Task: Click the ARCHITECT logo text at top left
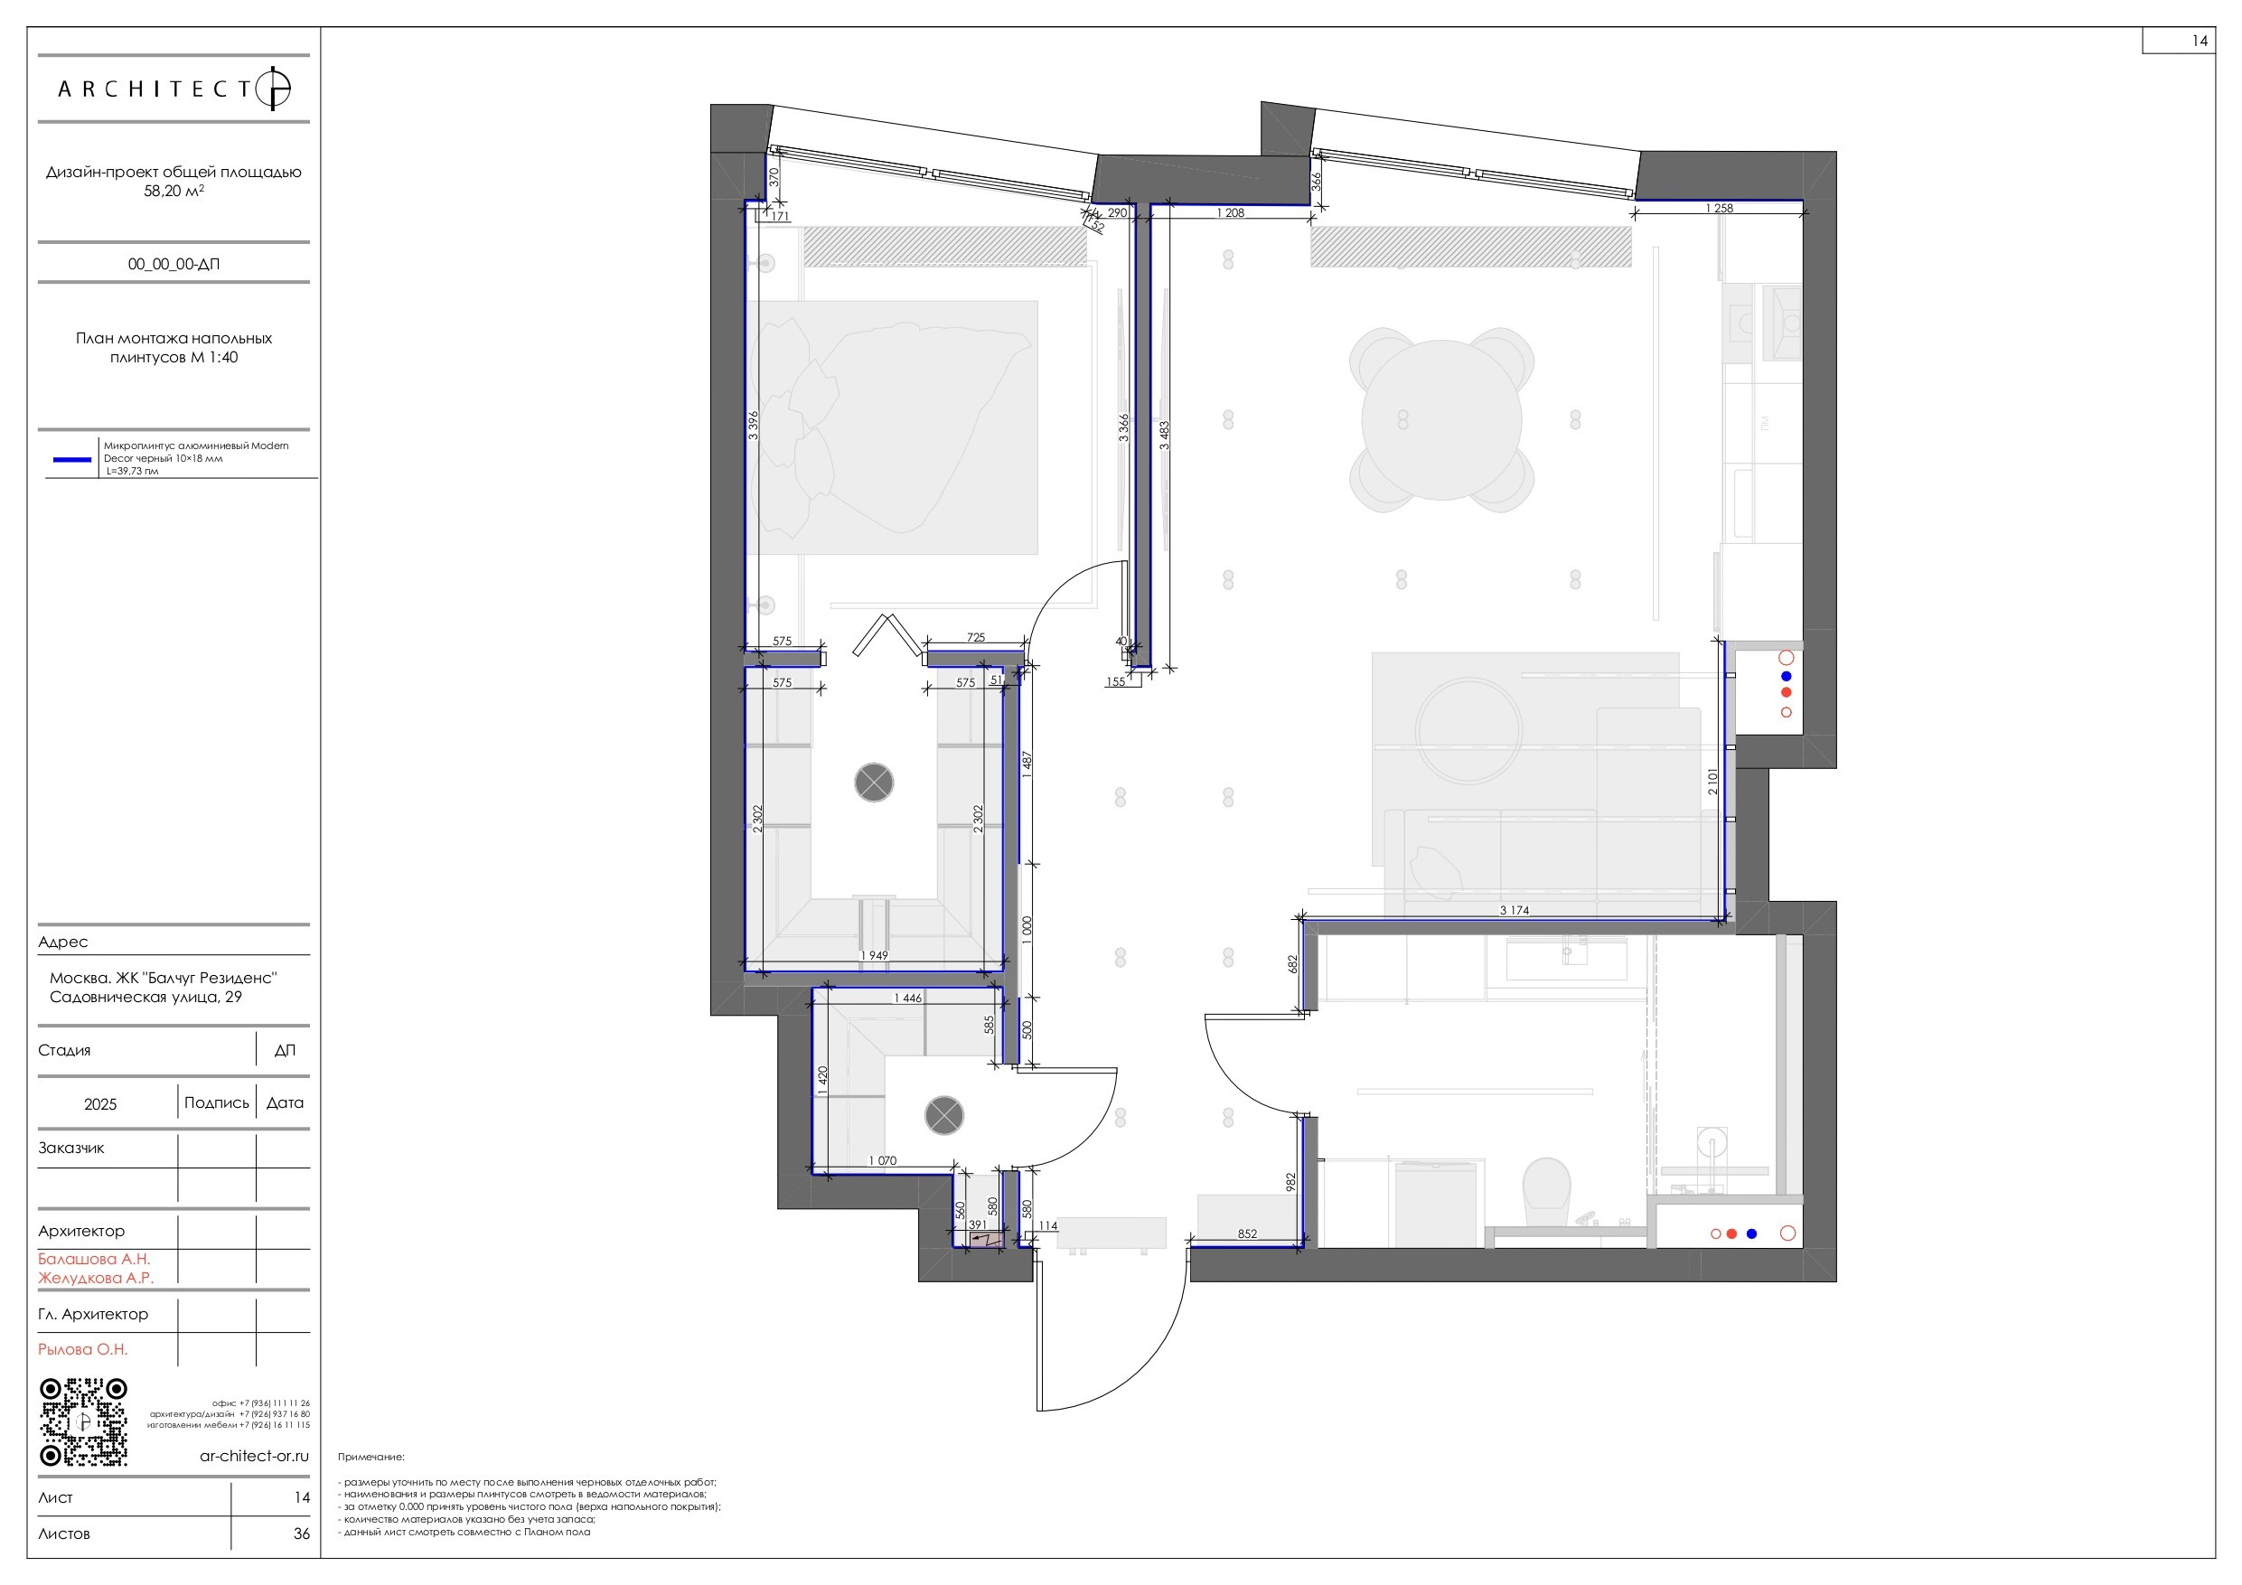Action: (156, 89)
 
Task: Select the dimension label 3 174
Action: (1514, 910)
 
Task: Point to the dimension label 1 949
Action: (874, 955)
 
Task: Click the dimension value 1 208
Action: (1231, 213)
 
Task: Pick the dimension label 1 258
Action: (1719, 208)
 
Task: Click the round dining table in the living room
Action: (1441, 420)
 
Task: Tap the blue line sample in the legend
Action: (71, 458)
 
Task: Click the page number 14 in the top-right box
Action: (2199, 41)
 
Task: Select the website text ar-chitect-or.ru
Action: (254, 1455)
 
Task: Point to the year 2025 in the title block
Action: (99, 1103)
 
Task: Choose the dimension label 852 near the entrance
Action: (1247, 1233)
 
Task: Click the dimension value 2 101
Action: (1712, 782)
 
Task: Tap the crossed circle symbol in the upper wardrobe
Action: (874, 783)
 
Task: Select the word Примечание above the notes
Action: (371, 1457)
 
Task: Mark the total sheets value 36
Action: (302, 1533)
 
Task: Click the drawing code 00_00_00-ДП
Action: (174, 264)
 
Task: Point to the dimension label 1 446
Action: (907, 998)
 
